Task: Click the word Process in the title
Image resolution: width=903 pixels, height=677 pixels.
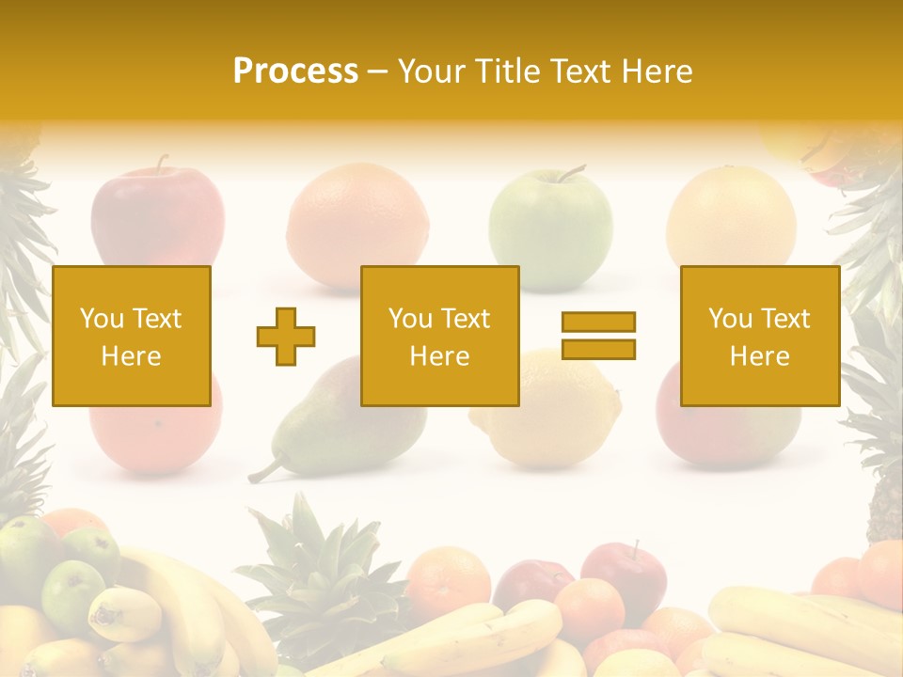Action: point(295,71)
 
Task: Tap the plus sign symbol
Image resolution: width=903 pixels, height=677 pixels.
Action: point(286,337)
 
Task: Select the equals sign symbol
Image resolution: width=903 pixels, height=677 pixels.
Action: point(598,336)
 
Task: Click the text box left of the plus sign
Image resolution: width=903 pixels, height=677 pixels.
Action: point(131,336)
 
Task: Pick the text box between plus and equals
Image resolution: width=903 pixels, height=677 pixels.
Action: point(439,336)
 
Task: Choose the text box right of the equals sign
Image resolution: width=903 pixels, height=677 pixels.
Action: point(759,336)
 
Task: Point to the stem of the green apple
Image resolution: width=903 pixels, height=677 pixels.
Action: point(570,172)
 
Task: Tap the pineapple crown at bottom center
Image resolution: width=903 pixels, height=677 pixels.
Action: point(320,564)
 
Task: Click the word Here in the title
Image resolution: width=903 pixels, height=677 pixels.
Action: point(657,71)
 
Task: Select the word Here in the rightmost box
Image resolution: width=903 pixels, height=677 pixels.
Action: point(759,356)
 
